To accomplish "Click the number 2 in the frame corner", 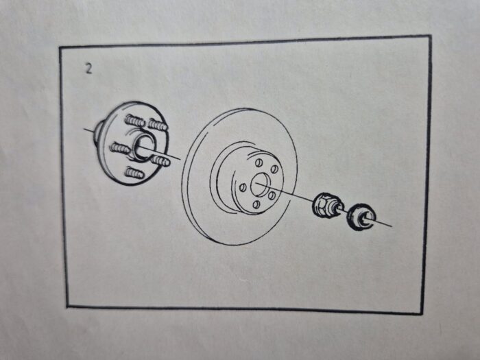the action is pos(88,69).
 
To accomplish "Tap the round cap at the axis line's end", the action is pos(361,218).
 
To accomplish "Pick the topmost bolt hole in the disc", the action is pos(259,162).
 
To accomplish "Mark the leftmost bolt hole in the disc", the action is pos(243,187).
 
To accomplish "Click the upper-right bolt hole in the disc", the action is pos(274,169).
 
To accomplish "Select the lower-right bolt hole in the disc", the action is pos(272,195).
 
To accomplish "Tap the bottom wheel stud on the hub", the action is pos(134,173).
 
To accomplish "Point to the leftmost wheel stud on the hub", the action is pos(120,148).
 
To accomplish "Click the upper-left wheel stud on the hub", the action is pos(134,121).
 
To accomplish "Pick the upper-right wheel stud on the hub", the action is pos(158,124).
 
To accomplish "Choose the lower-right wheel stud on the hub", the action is pos(160,160).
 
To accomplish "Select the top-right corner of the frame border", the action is pos(430,36).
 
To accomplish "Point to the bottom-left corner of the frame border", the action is pos(68,306).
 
